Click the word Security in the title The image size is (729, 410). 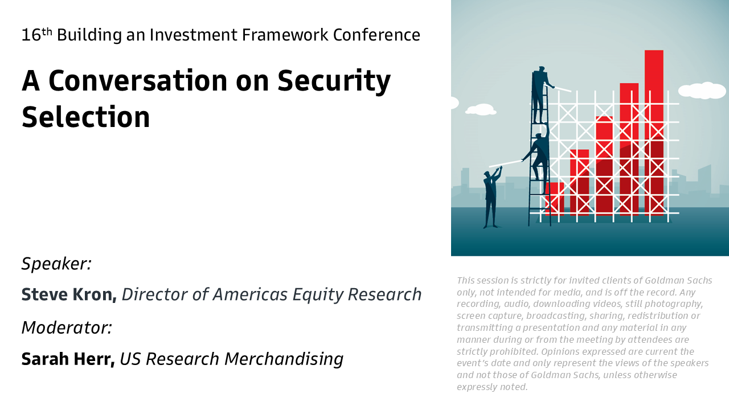pos(334,81)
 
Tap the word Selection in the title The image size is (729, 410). pos(86,117)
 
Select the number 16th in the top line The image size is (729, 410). pos(37,35)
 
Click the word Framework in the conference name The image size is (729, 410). pos(285,35)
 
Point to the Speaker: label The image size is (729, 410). pos(56,264)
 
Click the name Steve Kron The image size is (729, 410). pos(69,294)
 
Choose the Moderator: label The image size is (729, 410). pos(67,327)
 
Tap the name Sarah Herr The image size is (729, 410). pos(68,359)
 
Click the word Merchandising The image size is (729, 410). pos(284,359)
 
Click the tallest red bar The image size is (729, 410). pos(654,133)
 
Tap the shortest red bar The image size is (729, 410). pos(555,199)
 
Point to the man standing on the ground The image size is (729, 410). pos(492,197)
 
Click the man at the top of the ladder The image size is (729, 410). pos(541,95)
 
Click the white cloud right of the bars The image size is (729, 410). pos(703,90)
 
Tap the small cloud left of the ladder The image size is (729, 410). pos(481,109)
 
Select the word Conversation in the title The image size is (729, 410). pos(138,81)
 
